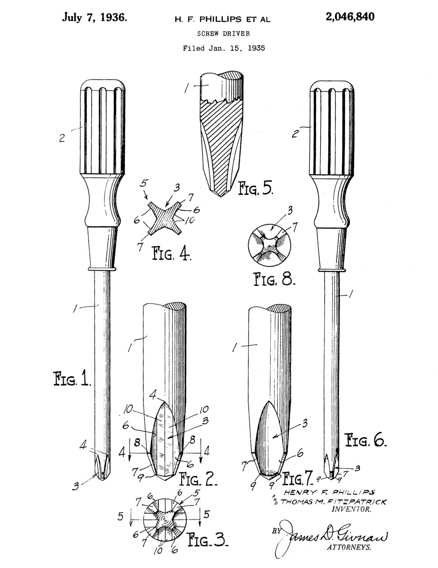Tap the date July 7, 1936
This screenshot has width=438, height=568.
[x=95, y=18]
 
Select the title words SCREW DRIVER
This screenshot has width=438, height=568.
[x=223, y=34]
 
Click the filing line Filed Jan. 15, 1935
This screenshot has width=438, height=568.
[x=224, y=48]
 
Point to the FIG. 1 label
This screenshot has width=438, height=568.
[x=72, y=379]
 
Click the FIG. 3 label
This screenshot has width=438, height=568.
[x=208, y=539]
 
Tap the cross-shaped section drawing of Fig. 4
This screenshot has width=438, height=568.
[x=165, y=218]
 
